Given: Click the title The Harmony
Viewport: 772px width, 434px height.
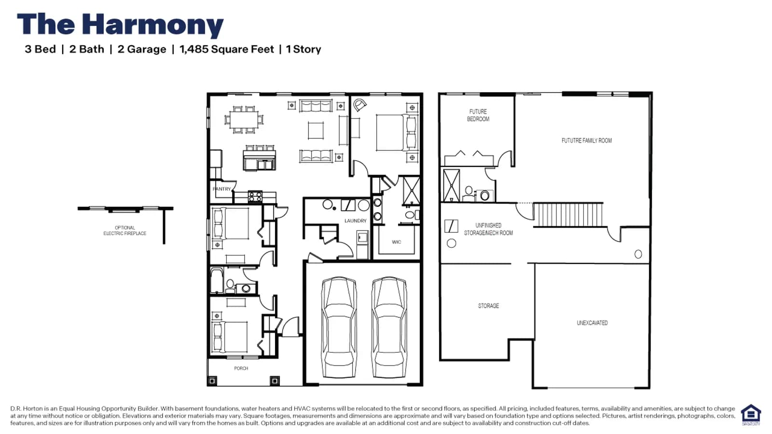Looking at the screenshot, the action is point(120,25).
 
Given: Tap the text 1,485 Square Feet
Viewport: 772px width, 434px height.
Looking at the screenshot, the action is point(226,49).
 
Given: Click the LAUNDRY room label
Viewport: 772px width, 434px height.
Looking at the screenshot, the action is point(355,220).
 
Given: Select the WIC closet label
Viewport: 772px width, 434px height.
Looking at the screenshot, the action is point(396,242).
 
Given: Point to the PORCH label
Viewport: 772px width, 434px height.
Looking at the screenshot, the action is point(241,368).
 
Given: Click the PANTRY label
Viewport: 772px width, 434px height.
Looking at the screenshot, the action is point(221,189).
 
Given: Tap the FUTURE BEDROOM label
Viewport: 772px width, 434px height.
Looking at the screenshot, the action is point(478,115).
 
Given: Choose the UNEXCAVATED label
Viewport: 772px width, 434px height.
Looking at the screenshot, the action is point(592,323).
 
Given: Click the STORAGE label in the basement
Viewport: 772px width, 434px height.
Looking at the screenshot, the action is point(488,306).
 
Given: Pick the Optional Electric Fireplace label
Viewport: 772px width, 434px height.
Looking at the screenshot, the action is point(125,231).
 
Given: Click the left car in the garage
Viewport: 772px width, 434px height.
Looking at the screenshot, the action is point(339,327).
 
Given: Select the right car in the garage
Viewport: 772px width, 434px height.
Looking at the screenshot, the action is point(389,327).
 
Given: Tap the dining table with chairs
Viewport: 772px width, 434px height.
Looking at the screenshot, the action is point(243,120).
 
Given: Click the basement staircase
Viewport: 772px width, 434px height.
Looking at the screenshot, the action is point(568,215).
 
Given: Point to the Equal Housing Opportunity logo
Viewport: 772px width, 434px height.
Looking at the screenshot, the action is point(751,415).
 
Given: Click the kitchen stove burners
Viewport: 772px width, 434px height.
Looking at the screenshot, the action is point(255,197).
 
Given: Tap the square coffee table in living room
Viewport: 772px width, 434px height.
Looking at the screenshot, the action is point(316,131).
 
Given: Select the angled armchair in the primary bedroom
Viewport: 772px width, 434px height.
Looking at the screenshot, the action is point(359,105).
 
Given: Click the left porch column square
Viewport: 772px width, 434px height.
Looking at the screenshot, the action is point(212,380).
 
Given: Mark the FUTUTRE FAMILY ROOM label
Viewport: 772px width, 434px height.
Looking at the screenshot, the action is point(587,140).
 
